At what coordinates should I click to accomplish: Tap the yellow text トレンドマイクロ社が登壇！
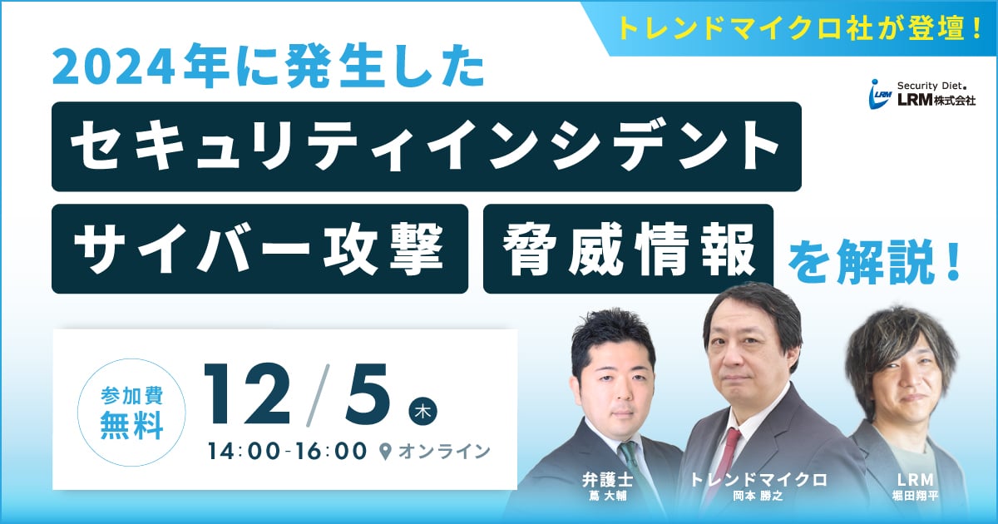(801, 27)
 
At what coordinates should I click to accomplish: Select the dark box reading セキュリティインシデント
(427, 146)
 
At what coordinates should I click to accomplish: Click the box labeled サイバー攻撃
(259, 249)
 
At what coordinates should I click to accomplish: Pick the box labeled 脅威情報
(628, 249)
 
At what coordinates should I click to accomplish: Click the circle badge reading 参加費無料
(132, 413)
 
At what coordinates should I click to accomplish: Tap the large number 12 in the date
(248, 393)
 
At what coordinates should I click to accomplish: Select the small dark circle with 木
(422, 411)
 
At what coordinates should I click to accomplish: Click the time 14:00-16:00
(287, 452)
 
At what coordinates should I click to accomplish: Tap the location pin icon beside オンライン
(386, 452)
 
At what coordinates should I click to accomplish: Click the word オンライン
(444, 452)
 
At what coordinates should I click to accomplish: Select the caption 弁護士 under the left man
(607, 481)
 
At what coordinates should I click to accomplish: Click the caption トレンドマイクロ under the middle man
(758, 480)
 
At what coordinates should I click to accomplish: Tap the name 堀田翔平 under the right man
(916, 496)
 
